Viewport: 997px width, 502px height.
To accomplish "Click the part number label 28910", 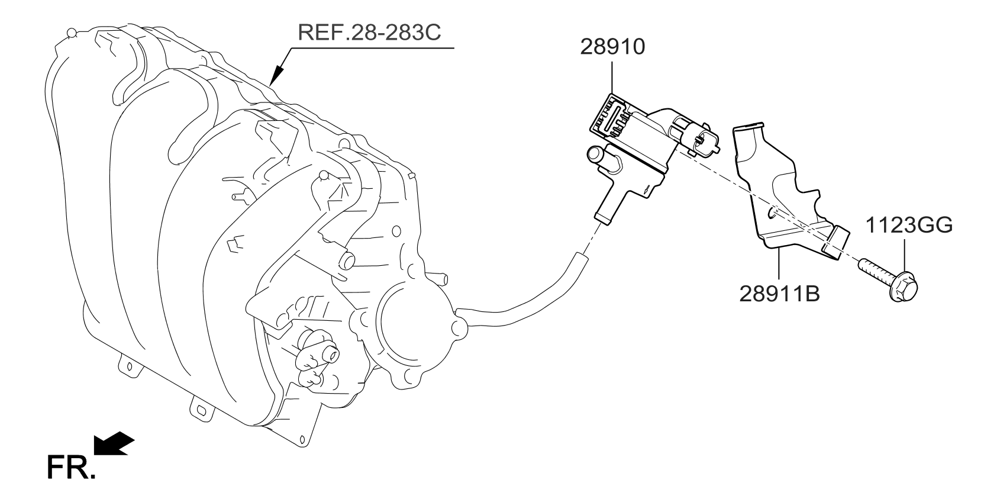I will tap(612, 47).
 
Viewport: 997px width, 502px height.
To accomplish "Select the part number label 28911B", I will tap(779, 293).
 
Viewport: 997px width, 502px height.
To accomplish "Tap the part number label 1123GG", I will tap(909, 225).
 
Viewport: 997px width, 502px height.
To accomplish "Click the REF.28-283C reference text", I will tap(370, 32).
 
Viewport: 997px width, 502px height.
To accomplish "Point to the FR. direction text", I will tap(69, 468).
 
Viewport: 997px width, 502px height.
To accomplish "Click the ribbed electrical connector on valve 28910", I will tap(609, 115).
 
